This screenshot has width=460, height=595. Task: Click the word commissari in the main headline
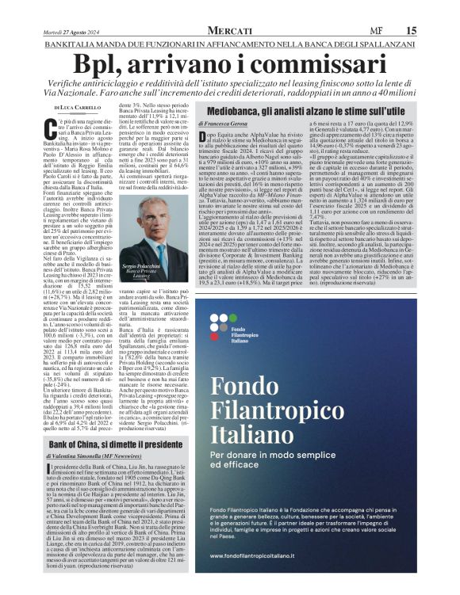[310, 63]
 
